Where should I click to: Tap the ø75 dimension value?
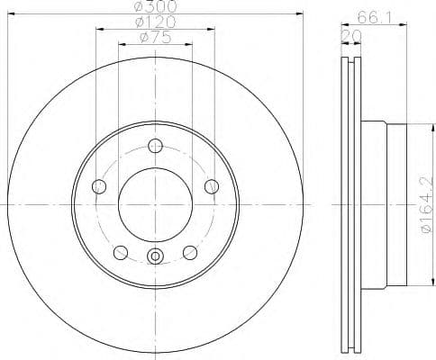point(155,37)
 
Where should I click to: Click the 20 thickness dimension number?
point(349,37)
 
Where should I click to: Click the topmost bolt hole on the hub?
point(155,146)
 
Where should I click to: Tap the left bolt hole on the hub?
point(99,186)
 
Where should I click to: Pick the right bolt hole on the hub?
point(212,186)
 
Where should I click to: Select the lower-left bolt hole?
point(121,252)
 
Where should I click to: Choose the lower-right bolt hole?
point(190,252)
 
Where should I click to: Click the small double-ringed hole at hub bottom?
point(155,256)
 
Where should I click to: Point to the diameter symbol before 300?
point(137,6)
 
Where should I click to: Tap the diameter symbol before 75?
point(142,37)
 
